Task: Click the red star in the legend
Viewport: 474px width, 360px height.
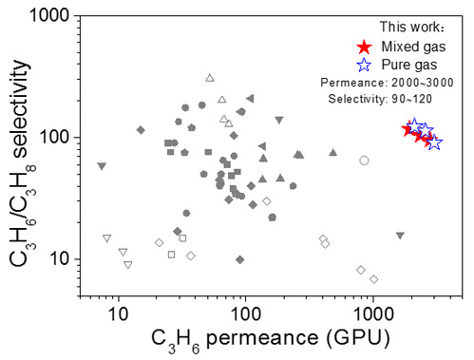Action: [x=364, y=47]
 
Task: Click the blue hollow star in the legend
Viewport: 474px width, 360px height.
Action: [x=364, y=65]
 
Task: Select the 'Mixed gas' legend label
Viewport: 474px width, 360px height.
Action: [x=413, y=47]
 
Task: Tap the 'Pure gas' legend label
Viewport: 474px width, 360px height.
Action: [x=409, y=65]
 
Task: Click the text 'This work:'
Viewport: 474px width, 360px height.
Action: [x=412, y=27]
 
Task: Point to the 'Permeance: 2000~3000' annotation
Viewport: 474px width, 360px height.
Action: [x=387, y=83]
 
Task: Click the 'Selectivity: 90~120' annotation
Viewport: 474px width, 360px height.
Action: [x=380, y=99]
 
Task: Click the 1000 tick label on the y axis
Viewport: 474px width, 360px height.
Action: [x=49, y=15]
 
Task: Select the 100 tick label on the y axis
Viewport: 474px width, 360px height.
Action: [x=54, y=138]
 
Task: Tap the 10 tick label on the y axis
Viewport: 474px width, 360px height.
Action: [x=59, y=259]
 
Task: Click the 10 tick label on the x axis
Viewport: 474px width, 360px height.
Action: [x=119, y=314]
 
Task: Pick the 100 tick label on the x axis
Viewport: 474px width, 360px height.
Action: [x=246, y=314]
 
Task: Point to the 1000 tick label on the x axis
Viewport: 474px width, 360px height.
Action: [x=373, y=314]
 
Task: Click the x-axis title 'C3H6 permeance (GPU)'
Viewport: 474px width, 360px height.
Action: [x=271, y=340]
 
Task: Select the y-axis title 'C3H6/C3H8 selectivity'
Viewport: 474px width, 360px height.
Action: [x=22, y=163]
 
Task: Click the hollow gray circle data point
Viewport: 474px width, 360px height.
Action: [x=364, y=161]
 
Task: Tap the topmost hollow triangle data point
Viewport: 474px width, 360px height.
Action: [x=210, y=78]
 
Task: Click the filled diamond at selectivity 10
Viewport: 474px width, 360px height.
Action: [x=240, y=259]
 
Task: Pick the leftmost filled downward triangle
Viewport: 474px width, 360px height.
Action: [x=102, y=166]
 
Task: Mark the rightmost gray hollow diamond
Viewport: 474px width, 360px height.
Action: [x=374, y=279]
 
